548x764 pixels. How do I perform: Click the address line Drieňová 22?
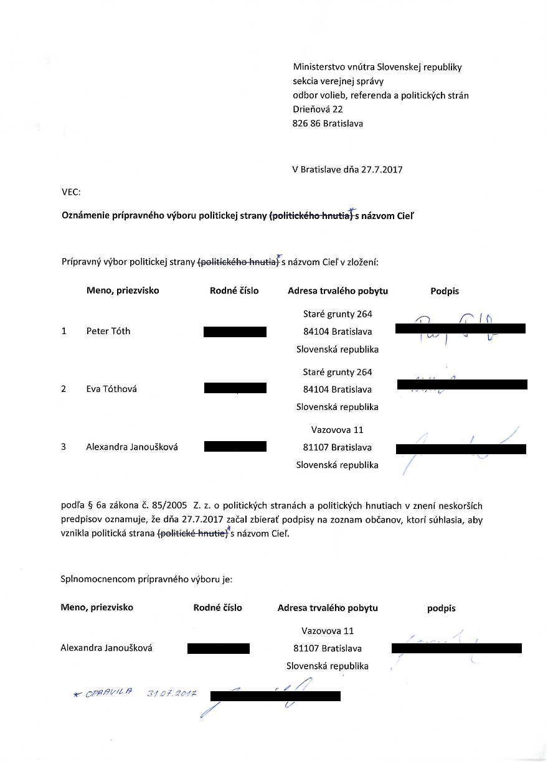[x=318, y=109]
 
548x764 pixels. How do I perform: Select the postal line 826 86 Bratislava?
[x=328, y=123]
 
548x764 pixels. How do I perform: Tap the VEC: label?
[x=71, y=193]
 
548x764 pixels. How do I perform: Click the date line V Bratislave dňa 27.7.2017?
[x=347, y=169]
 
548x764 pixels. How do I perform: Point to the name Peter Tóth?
[x=108, y=331]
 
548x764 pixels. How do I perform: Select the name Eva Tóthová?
[x=111, y=389]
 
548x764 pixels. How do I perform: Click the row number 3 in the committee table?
[x=64, y=447]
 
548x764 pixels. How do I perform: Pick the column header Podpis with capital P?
[x=445, y=291]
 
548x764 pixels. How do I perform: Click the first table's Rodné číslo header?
[x=234, y=291]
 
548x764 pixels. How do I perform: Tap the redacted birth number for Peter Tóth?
[x=235, y=332]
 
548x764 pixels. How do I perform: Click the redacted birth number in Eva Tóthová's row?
[x=235, y=388]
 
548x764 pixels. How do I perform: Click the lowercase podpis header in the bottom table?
[x=441, y=608]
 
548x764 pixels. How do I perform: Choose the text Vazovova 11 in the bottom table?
[x=328, y=631]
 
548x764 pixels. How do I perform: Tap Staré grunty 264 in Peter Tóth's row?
[x=337, y=314]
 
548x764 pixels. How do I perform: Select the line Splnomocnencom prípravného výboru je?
[x=146, y=579]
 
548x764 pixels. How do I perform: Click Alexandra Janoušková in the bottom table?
[x=106, y=648]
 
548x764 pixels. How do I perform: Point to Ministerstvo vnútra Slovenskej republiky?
[x=377, y=67]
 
